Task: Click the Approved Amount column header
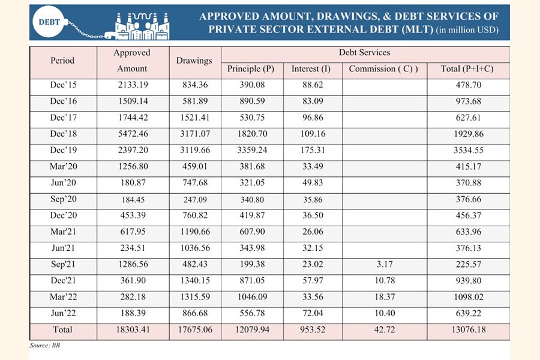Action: coord(132,61)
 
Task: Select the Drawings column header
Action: coord(194,61)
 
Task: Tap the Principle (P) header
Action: coord(251,69)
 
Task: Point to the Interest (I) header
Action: coord(311,69)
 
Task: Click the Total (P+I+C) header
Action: coord(467,69)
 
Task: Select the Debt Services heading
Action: coord(364,53)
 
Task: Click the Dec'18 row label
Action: coord(62,133)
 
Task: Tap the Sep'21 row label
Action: coord(62,265)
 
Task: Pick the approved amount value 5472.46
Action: coord(132,133)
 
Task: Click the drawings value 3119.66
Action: coord(194,149)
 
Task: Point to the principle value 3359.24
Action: coord(251,149)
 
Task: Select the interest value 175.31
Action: coord(311,149)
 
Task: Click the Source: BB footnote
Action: coord(45,346)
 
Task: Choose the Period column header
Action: coord(62,61)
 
